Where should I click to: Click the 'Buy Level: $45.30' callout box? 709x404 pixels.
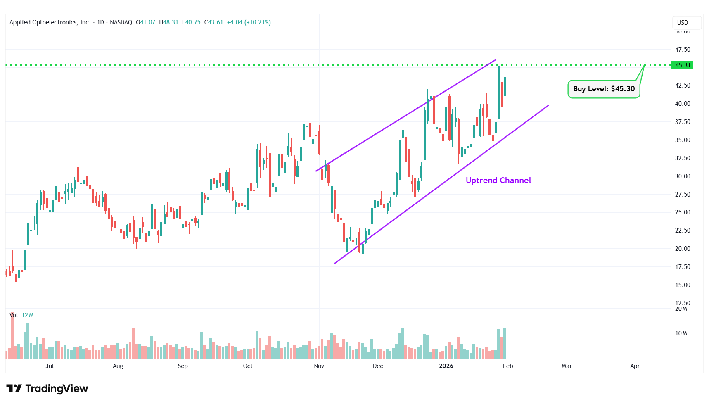pos(604,89)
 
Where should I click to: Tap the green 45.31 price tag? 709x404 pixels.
pos(683,65)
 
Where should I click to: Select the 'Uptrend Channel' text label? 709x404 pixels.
pos(498,181)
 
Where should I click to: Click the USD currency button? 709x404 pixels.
pos(683,23)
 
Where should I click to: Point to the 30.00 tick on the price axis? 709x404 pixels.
pos(683,176)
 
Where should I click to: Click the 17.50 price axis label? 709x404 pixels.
pos(683,267)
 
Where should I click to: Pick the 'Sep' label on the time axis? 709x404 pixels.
pos(183,366)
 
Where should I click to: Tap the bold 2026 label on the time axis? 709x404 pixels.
pos(446,366)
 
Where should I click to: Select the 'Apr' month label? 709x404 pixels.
pos(635,366)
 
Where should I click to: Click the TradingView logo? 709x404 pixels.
pos(47,389)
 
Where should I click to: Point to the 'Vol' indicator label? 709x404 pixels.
pos(14,315)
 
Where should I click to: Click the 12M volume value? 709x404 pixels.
pos(28,315)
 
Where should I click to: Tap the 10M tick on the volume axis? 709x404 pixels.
pos(681,333)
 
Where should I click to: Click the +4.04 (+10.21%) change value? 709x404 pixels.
pos(249,22)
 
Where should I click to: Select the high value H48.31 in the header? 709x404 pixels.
pos(168,22)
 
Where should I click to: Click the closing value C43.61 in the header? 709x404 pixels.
pos(214,22)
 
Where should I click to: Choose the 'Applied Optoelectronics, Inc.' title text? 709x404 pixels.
pos(50,22)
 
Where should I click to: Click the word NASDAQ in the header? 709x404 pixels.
pos(121,22)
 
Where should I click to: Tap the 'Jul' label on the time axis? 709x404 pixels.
pos(50,366)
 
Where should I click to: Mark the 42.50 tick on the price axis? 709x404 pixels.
pos(683,86)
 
